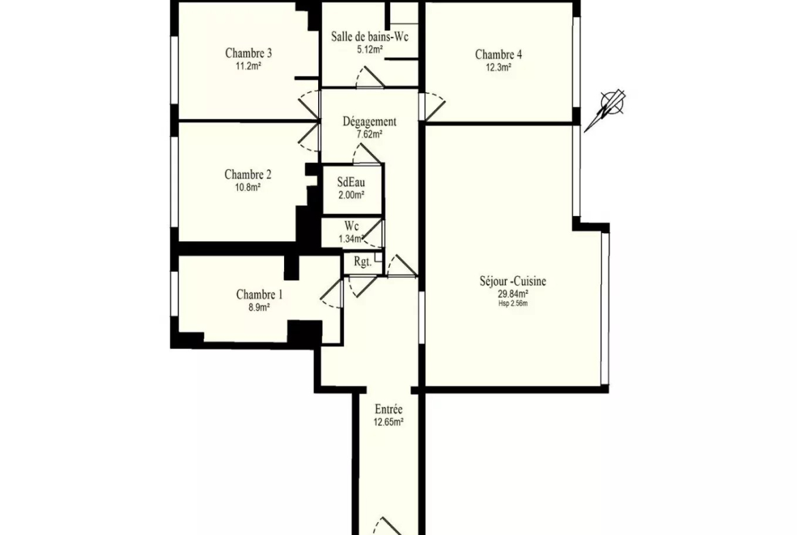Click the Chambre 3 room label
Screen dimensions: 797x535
click(248, 53)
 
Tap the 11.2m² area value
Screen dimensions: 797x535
click(249, 66)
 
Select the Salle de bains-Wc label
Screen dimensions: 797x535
click(369, 37)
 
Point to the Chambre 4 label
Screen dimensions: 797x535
click(498, 54)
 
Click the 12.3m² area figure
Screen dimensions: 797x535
click(499, 67)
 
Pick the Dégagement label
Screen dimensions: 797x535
click(369, 121)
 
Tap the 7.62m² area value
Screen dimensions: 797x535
click(369, 135)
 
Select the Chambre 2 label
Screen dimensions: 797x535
click(248, 174)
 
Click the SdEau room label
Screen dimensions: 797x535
click(351, 182)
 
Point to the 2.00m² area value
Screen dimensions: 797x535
click(351, 195)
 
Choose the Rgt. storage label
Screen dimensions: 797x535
click(363, 262)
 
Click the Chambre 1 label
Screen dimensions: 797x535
click(260, 294)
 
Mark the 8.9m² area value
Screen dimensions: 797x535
click(260, 307)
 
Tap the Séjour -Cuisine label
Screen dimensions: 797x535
click(513, 281)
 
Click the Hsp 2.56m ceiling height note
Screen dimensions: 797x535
click(514, 303)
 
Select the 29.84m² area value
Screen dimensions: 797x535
click(513, 294)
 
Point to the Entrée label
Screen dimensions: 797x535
click(389, 409)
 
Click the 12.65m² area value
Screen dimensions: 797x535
click(389, 422)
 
